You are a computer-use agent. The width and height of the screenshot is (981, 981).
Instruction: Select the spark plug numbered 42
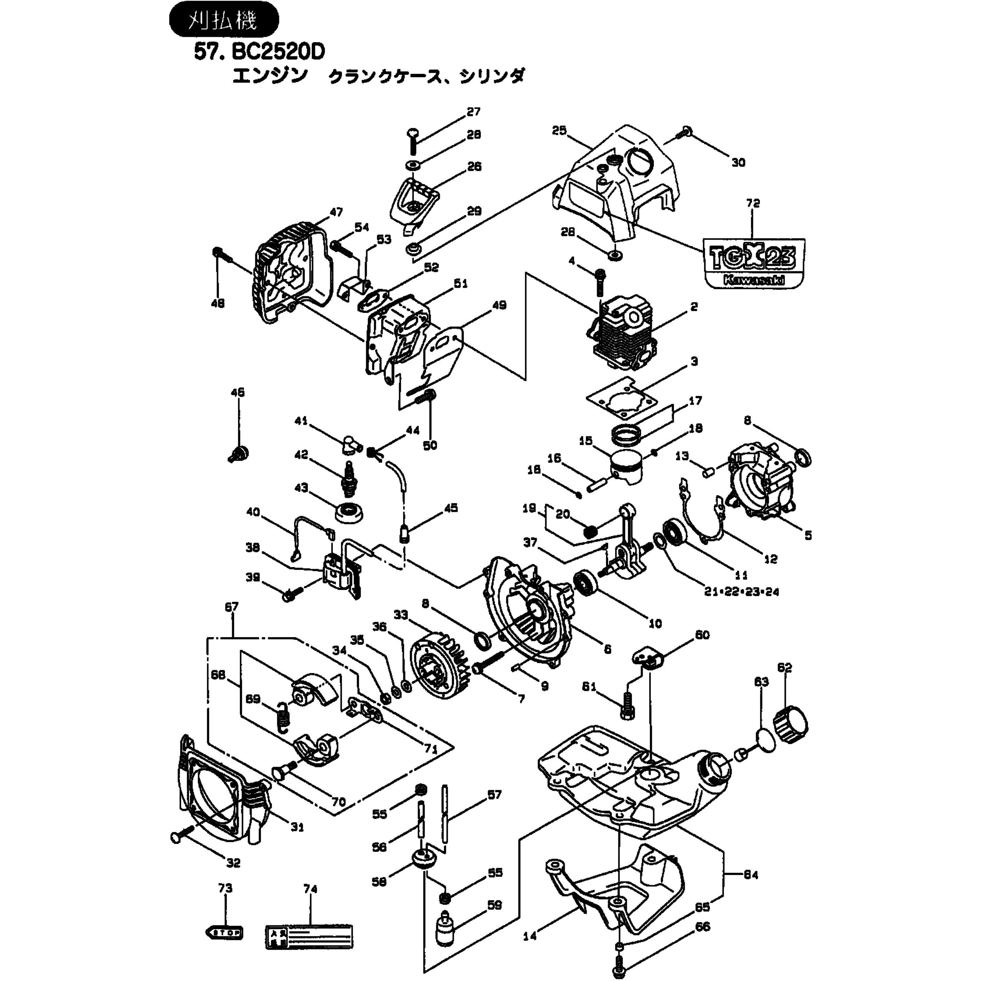pyautogui.click(x=348, y=479)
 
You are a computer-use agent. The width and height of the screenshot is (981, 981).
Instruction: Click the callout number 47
pyautogui.click(x=336, y=212)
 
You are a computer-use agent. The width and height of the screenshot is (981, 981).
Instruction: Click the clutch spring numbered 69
pyautogui.click(x=284, y=716)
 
